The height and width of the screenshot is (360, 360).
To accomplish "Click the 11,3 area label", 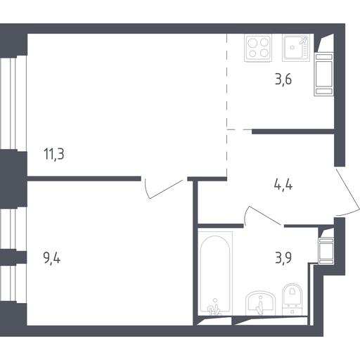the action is coord(54,154).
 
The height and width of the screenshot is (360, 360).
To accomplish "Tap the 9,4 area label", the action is coord(52,258).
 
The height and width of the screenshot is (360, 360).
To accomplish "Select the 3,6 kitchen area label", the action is coord(283,79).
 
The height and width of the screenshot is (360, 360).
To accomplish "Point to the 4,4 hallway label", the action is coord(283,185).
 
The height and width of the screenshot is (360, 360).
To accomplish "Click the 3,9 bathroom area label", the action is coord(283,258).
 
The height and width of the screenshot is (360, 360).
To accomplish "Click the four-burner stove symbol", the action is coord(258,48).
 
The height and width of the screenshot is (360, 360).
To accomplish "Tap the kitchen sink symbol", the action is coord(296,48).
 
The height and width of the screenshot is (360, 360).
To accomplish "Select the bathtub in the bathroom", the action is coord(215,274).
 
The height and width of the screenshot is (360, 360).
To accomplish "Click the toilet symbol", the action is coord(292,300).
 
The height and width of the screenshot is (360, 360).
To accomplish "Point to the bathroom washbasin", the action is coord(260,303).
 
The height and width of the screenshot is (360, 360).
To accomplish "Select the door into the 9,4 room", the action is coord(164,189).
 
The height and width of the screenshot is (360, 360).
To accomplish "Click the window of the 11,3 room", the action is coord(13,103).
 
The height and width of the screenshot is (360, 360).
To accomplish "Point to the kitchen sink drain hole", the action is coord(292,47).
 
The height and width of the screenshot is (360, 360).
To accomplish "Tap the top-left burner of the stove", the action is coord(252,42).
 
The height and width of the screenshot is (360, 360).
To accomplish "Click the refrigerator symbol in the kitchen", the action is coord(324,74).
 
